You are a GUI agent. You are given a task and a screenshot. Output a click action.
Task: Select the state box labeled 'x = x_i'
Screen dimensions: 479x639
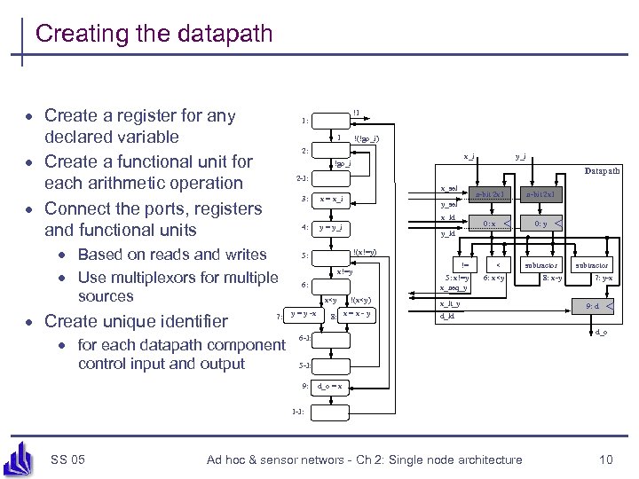coord(333,199)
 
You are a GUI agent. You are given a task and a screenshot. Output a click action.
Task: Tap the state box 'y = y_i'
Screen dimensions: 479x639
coord(333,227)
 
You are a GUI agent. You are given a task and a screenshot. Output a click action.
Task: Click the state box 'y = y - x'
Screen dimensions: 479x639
coord(302,314)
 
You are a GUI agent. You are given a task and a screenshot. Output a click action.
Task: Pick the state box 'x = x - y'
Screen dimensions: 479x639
coord(357,314)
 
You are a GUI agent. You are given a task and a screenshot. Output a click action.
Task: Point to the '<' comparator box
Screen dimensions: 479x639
coord(500,264)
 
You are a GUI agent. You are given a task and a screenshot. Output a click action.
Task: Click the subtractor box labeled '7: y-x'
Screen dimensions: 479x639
coord(592,265)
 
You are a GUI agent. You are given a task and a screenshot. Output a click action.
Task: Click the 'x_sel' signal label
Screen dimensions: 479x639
coord(449,188)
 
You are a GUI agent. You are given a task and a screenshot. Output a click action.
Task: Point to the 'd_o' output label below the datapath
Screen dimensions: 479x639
coord(601,332)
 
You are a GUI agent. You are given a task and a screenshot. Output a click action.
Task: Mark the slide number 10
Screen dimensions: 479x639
coord(605,459)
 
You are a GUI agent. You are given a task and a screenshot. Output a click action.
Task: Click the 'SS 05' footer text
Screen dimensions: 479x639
coord(68,459)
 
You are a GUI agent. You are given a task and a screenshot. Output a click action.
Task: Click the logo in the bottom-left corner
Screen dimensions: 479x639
coord(20,457)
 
